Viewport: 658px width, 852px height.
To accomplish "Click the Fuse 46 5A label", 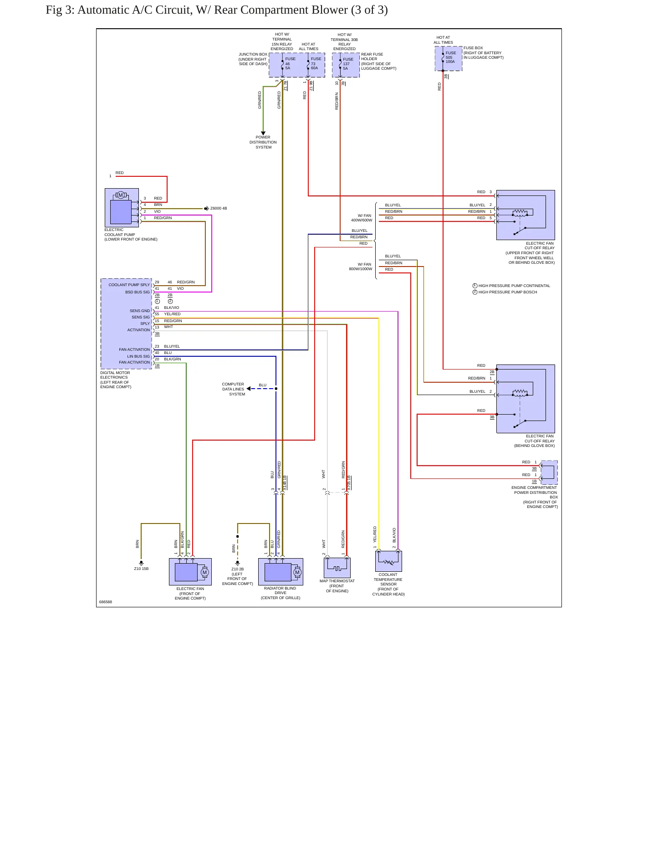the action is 290,63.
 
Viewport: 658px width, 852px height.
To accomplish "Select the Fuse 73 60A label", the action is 316,63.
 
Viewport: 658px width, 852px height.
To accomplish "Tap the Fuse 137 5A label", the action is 348,64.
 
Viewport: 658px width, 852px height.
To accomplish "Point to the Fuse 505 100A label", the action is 450,57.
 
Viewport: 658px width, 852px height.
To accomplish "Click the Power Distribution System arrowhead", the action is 263,133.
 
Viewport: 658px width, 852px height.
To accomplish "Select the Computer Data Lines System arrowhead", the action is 249,389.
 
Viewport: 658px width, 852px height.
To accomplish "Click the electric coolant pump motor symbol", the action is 121,195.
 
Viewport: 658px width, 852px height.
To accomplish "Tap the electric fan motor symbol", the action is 204,572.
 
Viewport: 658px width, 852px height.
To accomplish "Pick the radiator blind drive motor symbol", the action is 297,572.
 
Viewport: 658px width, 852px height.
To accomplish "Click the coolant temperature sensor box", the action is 388,561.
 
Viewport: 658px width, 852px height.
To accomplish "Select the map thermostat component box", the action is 337,568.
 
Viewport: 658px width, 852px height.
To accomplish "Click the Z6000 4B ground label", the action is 219,209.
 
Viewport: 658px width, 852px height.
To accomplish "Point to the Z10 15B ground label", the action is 141,569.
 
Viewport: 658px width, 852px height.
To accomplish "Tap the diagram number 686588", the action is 106,602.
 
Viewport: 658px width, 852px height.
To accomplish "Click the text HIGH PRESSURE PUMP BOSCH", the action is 508,292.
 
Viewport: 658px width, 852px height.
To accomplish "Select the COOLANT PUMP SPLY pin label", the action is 129,285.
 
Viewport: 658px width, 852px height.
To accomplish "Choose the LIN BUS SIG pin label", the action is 138,356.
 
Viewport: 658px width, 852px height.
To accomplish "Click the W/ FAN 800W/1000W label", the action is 361,267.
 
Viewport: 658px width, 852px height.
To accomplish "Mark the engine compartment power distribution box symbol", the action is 549,472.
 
